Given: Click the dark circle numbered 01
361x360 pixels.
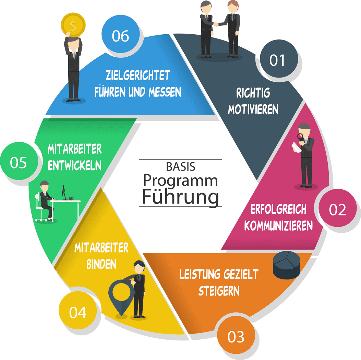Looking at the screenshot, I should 277,60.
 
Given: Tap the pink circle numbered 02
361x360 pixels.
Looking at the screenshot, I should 337,209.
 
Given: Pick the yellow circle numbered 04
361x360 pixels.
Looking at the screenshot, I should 77,313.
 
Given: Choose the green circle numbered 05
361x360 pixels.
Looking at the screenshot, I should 18,162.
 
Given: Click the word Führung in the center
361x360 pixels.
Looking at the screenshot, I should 180,197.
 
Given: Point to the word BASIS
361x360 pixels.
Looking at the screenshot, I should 180,166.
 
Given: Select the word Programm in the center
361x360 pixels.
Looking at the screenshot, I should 180,181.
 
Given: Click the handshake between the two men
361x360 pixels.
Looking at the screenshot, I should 216,24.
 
